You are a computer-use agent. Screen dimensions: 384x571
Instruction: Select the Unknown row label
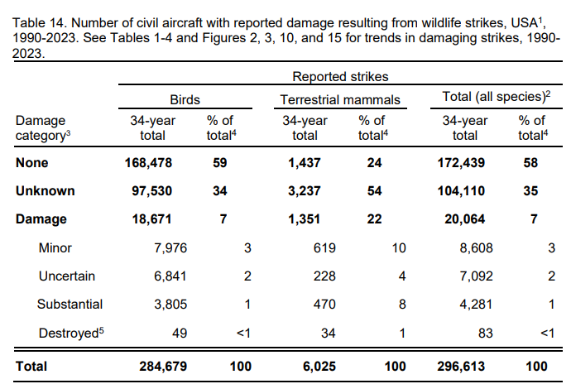(x=45, y=191)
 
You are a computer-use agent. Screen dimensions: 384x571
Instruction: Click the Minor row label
(x=55, y=247)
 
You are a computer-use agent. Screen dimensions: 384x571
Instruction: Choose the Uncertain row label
(x=67, y=276)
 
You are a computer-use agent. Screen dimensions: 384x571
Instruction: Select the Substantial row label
(x=70, y=304)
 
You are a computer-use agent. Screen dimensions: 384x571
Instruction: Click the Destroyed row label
(x=69, y=332)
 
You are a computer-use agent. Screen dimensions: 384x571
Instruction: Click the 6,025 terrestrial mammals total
(x=305, y=365)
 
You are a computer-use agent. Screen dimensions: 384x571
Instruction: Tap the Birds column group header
(x=185, y=99)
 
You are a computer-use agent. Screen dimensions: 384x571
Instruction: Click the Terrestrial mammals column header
(x=339, y=99)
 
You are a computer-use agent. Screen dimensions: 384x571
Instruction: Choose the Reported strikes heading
(x=339, y=76)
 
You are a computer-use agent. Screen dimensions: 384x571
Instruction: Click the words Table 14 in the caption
(x=39, y=10)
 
